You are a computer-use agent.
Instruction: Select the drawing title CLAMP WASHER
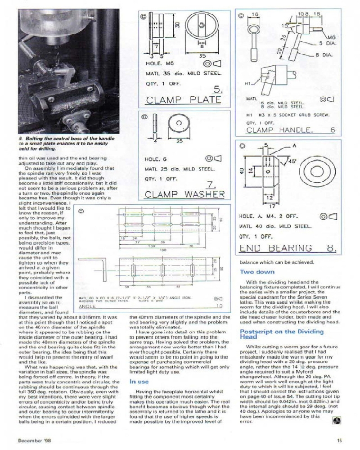pyautogui.click(x=184, y=194)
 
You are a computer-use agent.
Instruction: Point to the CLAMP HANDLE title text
pyautogui.click(x=279, y=130)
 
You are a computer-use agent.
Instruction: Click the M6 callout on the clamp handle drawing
pyautogui.click(x=332, y=37)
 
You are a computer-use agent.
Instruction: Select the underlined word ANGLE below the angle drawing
pyautogui.click(x=88, y=306)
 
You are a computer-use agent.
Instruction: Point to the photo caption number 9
pyautogui.click(x=21, y=138)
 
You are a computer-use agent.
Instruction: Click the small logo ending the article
pyautogui.click(x=335, y=421)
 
